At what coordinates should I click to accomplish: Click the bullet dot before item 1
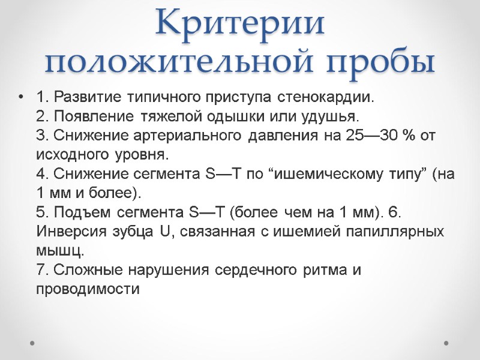[x=22, y=97]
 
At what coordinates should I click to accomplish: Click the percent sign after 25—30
[x=410, y=135]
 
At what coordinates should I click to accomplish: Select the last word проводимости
[x=88, y=289]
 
